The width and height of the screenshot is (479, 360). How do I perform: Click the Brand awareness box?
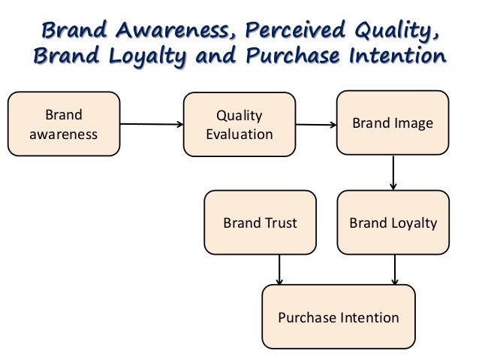tap(64, 124)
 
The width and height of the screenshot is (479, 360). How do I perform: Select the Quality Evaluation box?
tap(239, 124)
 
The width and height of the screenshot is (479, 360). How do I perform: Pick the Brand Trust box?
tap(260, 223)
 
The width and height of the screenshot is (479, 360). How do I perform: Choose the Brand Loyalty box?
tap(394, 223)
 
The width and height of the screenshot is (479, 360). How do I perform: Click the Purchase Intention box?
tap(338, 317)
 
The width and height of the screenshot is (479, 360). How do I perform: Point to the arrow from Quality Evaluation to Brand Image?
tap(315, 125)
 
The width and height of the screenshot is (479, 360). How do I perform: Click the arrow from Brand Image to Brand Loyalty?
tap(394, 174)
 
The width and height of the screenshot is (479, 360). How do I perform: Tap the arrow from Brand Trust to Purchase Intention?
tap(279, 270)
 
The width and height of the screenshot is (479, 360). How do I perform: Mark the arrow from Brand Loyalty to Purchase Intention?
tap(394, 270)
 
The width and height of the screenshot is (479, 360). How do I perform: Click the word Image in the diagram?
tap(414, 124)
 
